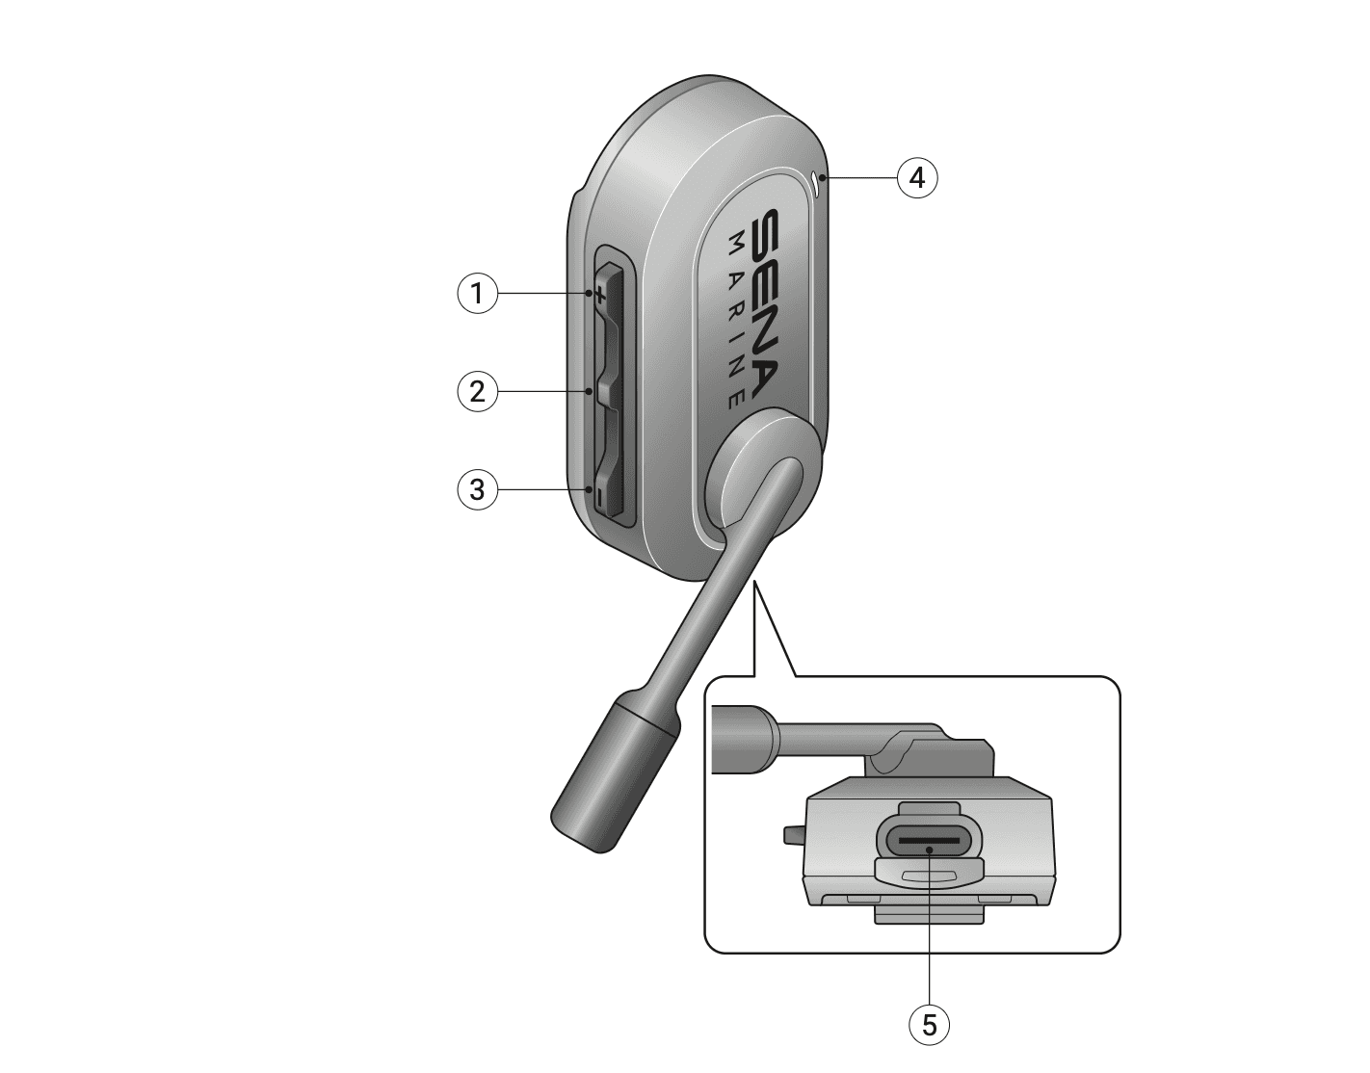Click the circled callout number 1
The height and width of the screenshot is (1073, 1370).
[x=477, y=293]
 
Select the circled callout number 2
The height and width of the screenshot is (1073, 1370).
[x=477, y=391]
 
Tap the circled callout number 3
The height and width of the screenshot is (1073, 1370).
[x=477, y=489]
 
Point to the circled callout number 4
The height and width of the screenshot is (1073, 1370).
[x=917, y=177]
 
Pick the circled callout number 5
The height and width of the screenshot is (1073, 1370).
[x=930, y=1025]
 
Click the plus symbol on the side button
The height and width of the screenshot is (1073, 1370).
[x=599, y=294]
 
